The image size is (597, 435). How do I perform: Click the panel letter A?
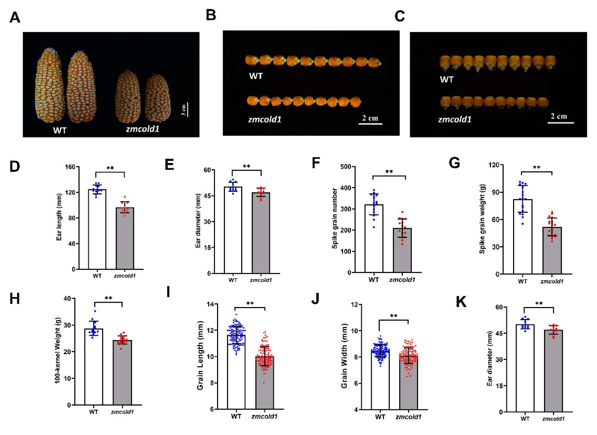(15, 18)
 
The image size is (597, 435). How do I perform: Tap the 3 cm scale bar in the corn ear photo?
(188, 109)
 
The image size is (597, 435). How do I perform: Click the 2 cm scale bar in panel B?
(370, 124)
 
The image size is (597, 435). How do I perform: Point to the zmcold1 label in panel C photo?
(455, 120)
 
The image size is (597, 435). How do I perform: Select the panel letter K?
(461, 302)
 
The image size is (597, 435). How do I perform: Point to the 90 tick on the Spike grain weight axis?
(496, 192)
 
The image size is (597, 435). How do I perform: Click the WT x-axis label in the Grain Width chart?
(380, 417)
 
